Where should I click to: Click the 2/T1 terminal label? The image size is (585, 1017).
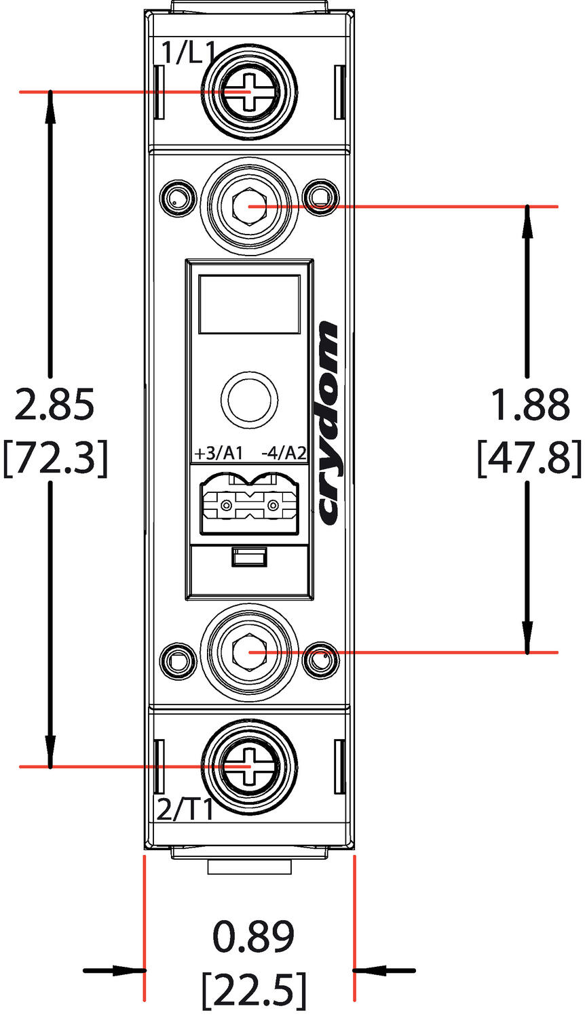pos(185,810)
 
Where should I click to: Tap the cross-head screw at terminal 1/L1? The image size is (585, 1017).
pos(250,92)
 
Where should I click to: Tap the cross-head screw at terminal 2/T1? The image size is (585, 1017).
pos(250,766)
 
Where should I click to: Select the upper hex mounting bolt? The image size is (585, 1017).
pos(250,205)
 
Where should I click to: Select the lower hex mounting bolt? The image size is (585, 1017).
pos(250,652)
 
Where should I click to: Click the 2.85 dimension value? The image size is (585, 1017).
pos(55,405)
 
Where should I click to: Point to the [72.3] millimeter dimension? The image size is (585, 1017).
pos(55,458)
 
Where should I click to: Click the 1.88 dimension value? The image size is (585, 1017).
pos(529,405)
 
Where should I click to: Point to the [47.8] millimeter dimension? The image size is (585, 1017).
pos(529,458)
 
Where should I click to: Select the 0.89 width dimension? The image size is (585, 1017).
pos(253,937)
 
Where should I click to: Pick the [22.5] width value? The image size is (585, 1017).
pos(253,990)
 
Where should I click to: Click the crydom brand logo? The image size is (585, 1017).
pos(328,424)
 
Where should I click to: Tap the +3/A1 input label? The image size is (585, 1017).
pos(218,453)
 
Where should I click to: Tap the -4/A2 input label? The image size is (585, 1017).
pos(284,453)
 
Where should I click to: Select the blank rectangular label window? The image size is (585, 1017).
pos(249,304)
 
